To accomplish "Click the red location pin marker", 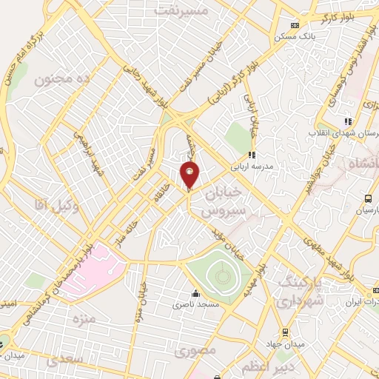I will tap(190, 175).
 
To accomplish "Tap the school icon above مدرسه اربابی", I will tap(252, 155).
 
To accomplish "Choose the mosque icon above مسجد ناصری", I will tap(195, 294).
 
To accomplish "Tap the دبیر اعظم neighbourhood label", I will tap(280, 366).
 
